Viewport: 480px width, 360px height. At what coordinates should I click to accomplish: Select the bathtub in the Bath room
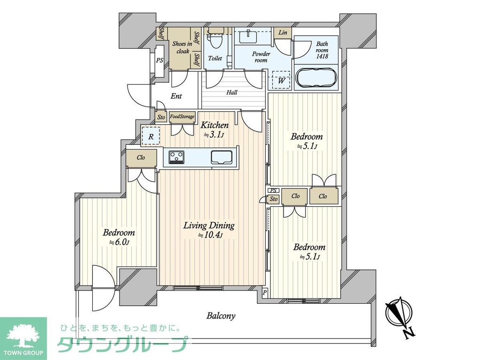pos(315,78)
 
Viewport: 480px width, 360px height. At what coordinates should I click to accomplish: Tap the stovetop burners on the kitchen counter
pos(177,157)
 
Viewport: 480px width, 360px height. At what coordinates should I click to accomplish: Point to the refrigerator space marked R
pos(151,137)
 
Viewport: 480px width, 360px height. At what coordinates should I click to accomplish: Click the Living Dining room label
pos(209,230)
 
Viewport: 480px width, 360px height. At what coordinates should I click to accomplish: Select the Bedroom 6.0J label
pos(119,237)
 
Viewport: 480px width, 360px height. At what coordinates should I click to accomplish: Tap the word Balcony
pos(221,315)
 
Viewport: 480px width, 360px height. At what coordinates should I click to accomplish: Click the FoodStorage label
pos(182,117)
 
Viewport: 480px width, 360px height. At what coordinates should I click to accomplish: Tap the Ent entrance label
pos(176,96)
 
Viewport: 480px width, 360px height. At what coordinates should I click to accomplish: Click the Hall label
pos(232,92)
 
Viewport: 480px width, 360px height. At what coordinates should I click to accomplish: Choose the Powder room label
pos(261,57)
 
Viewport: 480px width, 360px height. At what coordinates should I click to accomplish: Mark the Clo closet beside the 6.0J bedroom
pos(141,158)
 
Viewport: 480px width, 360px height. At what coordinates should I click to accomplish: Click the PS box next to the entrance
pos(159,60)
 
